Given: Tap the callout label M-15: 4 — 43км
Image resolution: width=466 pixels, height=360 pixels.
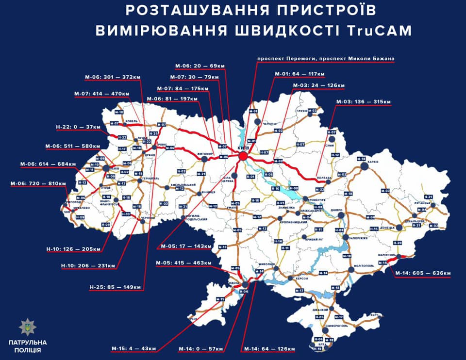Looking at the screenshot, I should pyautogui.click(x=133, y=348).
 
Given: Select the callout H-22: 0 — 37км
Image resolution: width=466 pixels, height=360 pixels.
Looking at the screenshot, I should pyautogui.click(x=78, y=127).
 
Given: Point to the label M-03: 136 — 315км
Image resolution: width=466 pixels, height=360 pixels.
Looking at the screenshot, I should pyautogui.click(x=363, y=101).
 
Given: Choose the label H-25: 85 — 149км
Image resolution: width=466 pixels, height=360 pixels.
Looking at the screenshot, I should pyautogui.click(x=116, y=287).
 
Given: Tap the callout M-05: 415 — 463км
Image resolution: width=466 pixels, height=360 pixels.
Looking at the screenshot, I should pyautogui.click(x=183, y=263).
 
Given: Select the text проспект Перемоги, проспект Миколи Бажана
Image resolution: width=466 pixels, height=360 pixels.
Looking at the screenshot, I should pyautogui.click(x=326, y=58).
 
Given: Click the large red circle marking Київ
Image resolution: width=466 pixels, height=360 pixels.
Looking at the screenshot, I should pyautogui.click(x=243, y=156).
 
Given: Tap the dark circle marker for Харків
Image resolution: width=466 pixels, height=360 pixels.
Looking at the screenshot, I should pyautogui.click(x=364, y=166).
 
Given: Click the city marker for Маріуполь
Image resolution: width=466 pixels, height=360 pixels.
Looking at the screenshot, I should pyautogui.click(x=399, y=257).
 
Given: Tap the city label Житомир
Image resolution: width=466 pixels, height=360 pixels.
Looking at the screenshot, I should pyautogui.click(x=205, y=154).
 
